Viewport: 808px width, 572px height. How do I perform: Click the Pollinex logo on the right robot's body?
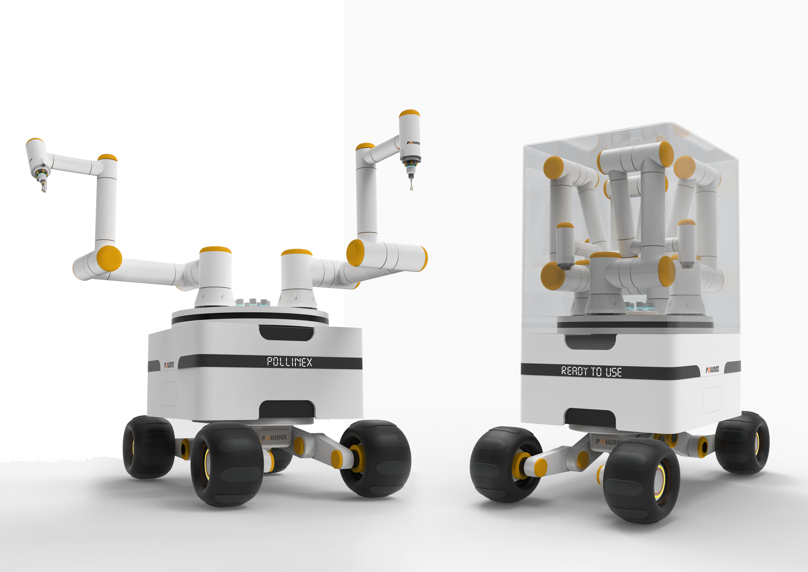(712, 369)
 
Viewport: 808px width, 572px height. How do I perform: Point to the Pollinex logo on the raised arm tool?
(414, 143)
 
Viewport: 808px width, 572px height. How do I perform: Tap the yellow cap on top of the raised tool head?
(409, 113)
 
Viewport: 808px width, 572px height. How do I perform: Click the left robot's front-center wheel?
(227, 464)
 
